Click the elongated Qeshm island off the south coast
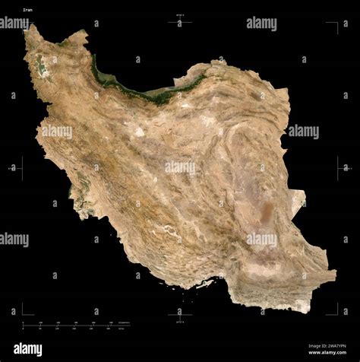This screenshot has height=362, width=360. tap(203, 284)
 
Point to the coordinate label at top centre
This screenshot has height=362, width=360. tap(180, 16)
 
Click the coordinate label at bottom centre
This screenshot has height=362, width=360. tap(180, 322)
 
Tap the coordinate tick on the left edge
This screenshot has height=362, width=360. tap(21, 168)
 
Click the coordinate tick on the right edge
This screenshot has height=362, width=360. tap(342, 167)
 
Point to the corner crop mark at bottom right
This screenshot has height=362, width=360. tap(335, 310)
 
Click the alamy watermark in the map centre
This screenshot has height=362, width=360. tap(180, 166)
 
